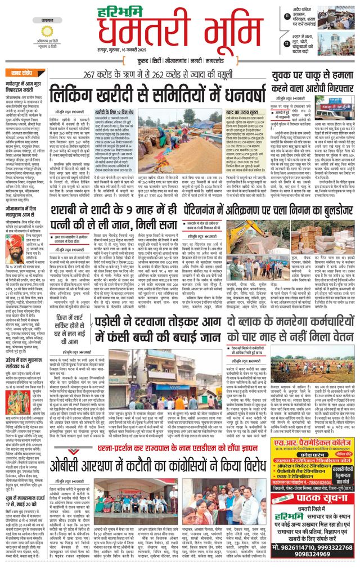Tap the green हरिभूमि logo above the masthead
coord(129,10)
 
